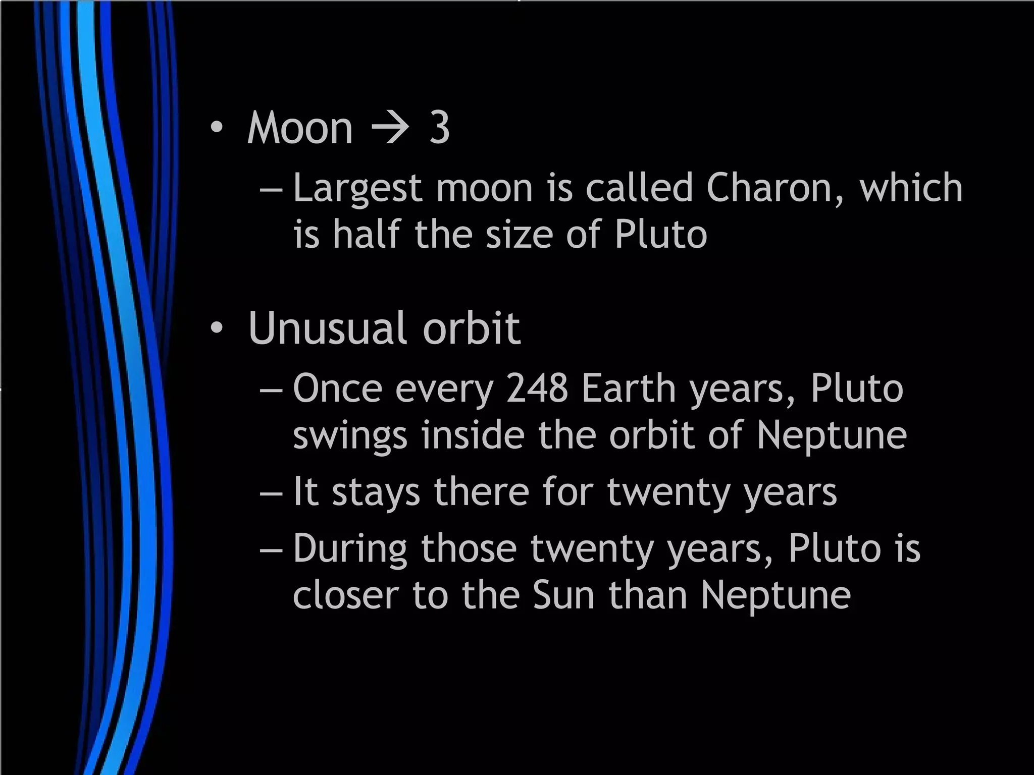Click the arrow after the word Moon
click(x=390, y=128)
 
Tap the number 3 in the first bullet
click(x=439, y=128)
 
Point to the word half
click(x=367, y=235)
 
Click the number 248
click(x=537, y=389)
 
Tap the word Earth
click(x=629, y=389)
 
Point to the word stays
click(x=376, y=492)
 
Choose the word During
click(x=350, y=549)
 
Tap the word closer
click(x=346, y=595)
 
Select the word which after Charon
click(x=911, y=188)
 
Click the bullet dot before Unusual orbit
click(x=217, y=329)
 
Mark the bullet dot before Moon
click(x=217, y=129)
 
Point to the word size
click(x=519, y=235)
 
